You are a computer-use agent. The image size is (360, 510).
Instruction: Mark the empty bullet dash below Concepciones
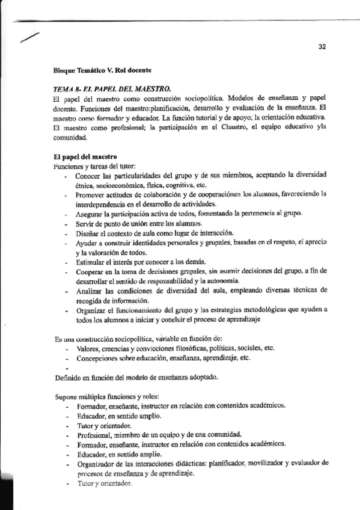(x=67, y=367)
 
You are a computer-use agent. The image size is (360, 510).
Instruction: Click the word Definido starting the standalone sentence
(x=67, y=377)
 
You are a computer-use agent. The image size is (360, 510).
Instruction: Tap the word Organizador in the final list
(x=98, y=463)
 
